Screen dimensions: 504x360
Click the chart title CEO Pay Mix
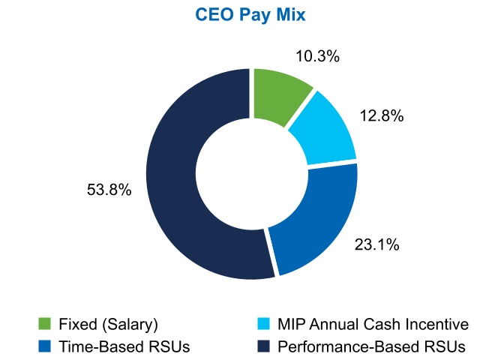(x=250, y=15)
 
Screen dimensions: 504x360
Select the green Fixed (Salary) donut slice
(x=277, y=94)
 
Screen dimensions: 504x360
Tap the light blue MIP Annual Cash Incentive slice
(x=325, y=129)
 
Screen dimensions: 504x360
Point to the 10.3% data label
(x=317, y=56)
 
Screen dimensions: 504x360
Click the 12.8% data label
(x=382, y=115)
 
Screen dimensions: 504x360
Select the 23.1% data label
(x=376, y=244)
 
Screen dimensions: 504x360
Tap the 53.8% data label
(x=109, y=190)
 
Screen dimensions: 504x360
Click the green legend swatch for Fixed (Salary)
(x=45, y=324)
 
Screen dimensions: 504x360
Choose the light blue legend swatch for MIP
(x=264, y=324)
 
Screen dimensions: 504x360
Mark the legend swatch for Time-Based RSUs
(x=45, y=346)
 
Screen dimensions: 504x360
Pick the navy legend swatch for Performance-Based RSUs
(x=264, y=346)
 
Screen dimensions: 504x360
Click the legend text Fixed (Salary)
(x=108, y=324)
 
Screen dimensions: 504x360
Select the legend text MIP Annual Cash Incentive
(x=373, y=324)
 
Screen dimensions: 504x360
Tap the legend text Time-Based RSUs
(x=124, y=346)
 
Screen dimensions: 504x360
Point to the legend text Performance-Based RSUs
(x=371, y=346)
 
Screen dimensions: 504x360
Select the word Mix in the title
(x=292, y=15)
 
